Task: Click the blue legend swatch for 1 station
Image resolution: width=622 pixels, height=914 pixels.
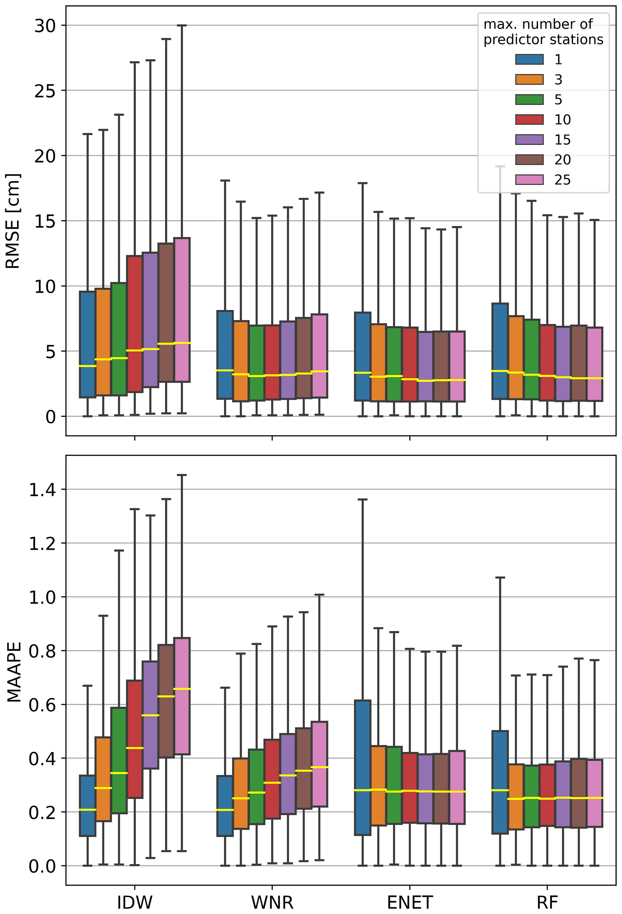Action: tap(529, 59)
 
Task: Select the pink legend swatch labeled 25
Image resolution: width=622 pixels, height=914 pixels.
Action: tap(529, 180)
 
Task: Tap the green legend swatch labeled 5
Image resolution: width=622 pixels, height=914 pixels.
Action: tap(529, 100)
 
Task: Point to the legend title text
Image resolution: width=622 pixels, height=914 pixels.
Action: tap(543, 32)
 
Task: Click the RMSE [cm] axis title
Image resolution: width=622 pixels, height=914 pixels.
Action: tap(13, 221)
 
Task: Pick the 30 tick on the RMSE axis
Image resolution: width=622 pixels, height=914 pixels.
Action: tap(45, 26)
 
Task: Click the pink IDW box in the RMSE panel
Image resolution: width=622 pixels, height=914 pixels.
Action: tap(182, 299)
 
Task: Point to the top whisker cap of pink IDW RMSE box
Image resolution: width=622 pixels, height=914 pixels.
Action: tap(182, 25)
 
